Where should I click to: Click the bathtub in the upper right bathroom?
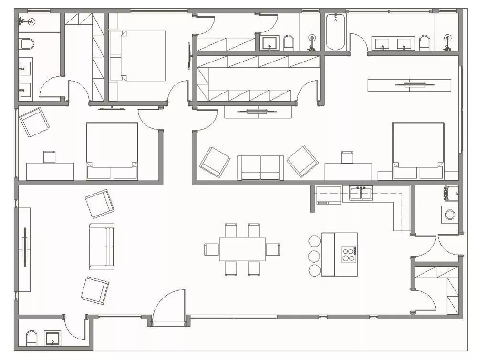[x=335, y=31]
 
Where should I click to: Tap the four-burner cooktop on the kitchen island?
[x=349, y=254]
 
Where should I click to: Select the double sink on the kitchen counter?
[x=361, y=193]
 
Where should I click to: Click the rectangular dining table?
[x=242, y=249]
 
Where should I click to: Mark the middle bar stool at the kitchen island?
[x=315, y=256]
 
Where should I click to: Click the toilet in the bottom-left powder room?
[x=31, y=339]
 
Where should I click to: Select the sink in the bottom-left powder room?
[x=51, y=338]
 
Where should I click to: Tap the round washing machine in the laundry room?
[x=450, y=215]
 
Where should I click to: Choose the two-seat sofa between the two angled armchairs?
[x=260, y=167]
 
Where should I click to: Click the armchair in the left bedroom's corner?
[x=34, y=122]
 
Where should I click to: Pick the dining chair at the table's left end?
[x=211, y=249]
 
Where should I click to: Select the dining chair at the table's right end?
[x=273, y=249]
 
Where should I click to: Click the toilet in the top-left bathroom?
[x=27, y=44]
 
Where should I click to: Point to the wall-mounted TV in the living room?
[x=24, y=249]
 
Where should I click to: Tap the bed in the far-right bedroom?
[x=418, y=150]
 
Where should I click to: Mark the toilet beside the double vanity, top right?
[x=424, y=43]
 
